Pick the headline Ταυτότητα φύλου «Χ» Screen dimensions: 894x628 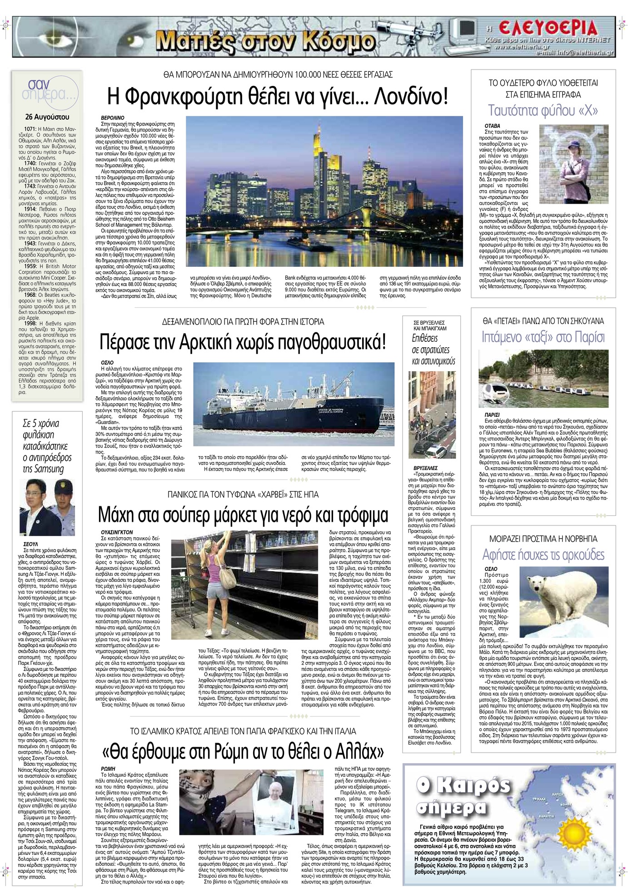pos(543,110)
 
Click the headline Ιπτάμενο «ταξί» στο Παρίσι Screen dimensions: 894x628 pos(543,337)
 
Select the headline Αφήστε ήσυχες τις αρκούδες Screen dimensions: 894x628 pos(543,555)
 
